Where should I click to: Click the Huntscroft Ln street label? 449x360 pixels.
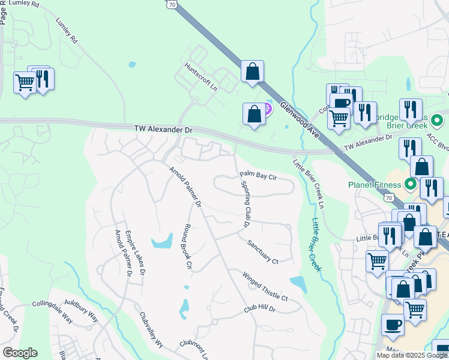point(200,77)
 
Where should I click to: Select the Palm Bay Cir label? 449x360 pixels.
point(258,176)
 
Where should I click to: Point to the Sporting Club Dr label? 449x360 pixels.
point(246,203)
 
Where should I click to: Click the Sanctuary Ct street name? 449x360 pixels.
point(263,252)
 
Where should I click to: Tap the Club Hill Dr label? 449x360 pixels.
point(259,309)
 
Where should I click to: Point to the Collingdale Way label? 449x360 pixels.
point(52,304)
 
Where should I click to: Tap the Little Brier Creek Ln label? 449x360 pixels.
point(307,184)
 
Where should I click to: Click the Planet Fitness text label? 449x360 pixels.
point(376,184)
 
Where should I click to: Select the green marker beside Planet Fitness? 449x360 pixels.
point(411,184)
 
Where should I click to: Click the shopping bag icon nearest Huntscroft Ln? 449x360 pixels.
point(253,71)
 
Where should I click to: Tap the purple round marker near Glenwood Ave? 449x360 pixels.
point(267,109)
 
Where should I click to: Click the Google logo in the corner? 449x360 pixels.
point(20,353)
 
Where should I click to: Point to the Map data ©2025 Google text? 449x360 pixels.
point(412,355)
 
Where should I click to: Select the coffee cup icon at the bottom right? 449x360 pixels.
point(393,325)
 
